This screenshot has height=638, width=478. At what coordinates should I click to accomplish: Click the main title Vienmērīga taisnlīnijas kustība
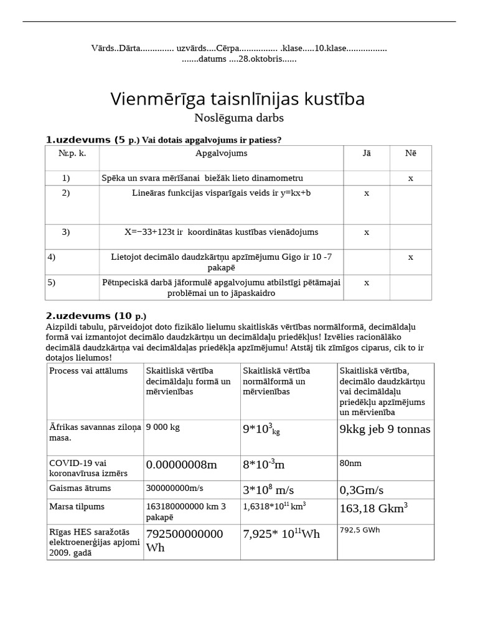[x=237, y=98]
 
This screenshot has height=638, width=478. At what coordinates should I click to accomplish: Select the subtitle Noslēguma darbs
[x=239, y=118]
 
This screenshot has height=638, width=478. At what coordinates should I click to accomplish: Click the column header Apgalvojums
[x=221, y=153]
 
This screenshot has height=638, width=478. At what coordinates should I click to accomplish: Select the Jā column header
[x=366, y=153]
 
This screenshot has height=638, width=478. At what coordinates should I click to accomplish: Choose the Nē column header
[x=410, y=153]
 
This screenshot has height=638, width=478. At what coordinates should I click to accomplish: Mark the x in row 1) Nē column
[x=410, y=178]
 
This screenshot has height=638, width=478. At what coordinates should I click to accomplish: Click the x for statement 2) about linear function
[x=366, y=193]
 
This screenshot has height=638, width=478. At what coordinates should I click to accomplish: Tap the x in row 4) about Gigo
[x=410, y=257]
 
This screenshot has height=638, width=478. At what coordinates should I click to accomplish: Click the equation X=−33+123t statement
[x=221, y=232]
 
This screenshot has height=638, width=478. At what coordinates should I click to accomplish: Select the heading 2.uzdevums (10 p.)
[x=96, y=316]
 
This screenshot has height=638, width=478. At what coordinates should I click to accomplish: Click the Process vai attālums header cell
[x=88, y=371]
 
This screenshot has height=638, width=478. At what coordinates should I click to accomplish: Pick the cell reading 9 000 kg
[x=164, y=428]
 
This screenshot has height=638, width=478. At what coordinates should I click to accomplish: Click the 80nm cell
[x=350, y=464]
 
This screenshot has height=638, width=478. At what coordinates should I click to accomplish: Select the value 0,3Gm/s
[x=361, y=490]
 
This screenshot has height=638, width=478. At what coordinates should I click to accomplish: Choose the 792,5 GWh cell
[x=359, y=530]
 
